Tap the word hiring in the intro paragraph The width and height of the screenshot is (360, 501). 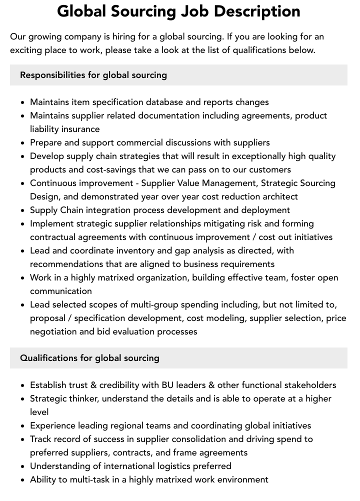[123, 37]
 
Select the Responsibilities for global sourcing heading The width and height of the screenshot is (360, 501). [93, 75]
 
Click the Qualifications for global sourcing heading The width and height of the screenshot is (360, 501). [90, 358]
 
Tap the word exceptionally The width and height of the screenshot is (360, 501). [255, 156]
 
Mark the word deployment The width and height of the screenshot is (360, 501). [266, 210]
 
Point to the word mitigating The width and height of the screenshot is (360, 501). [237, 223]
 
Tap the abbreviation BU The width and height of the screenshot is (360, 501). [167, 385]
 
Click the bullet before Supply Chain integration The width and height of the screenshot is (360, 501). [22, 210]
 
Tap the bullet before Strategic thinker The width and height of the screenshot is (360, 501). [22, 399]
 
